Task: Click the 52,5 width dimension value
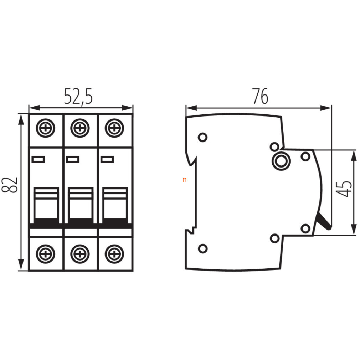78,97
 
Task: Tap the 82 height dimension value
10,185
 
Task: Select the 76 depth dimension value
260,96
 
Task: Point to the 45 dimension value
344,189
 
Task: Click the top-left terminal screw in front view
46,128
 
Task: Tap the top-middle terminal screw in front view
80,128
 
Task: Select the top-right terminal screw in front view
114,128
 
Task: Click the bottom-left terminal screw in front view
46,254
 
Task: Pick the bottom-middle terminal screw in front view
80,254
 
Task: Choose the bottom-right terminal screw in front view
114,254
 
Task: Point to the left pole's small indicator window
38,159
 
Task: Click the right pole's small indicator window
107,159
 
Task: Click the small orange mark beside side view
184,180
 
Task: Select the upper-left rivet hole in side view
202,138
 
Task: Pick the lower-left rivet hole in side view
202,249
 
